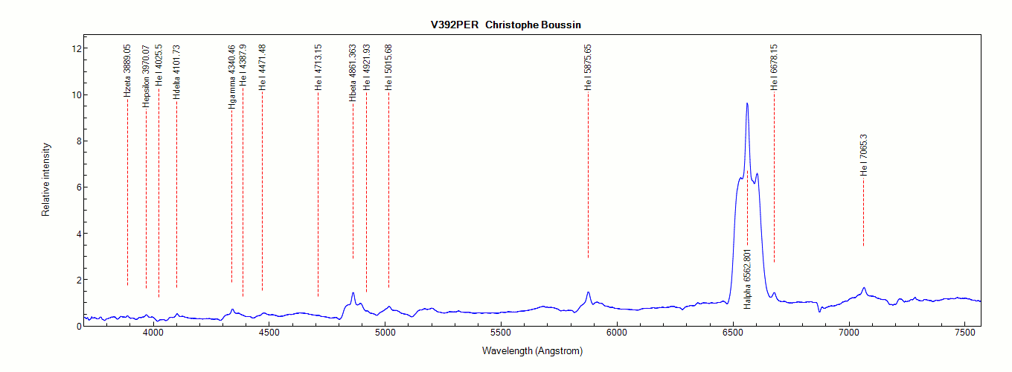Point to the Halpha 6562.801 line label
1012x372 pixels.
(x=747, y=279)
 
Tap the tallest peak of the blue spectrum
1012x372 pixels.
(x=746, y=104)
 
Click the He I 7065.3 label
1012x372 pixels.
(x=863, y=154)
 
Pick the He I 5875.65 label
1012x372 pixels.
(x=588, y=67)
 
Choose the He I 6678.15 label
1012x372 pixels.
(x=774, y=67)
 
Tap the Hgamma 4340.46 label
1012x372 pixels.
(x=231, y=77)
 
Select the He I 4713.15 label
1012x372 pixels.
(x=318, y=67)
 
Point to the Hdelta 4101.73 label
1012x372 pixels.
(x=176, y=72)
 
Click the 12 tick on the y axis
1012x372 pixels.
(x=74, y=48)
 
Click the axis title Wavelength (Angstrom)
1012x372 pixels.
(x=532, y=350)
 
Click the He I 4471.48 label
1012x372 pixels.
(x=262, y=67)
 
